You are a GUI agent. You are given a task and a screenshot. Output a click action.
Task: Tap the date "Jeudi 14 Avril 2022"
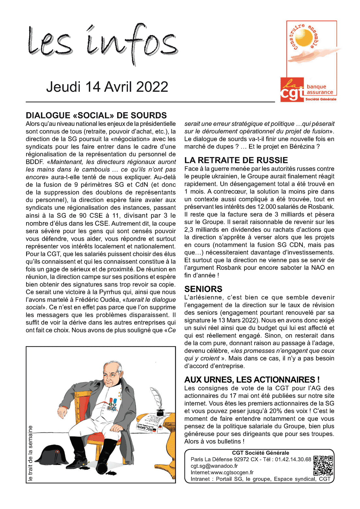[107, 87]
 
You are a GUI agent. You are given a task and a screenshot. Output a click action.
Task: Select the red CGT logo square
[292, 90]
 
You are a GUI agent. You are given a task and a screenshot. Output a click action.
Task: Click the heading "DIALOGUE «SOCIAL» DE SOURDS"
[96, 115]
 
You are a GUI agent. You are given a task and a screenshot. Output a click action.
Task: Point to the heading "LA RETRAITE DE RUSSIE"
[236, 160]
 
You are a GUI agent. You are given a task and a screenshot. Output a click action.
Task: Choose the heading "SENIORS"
[203, 289]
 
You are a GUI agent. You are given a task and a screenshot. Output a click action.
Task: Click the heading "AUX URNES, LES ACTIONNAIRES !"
[252, 380]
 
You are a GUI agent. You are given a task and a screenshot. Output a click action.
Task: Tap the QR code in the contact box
[323, 465]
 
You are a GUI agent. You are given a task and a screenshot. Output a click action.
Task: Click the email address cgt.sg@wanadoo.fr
[214, 466]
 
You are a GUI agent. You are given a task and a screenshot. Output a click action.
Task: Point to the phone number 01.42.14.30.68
[293, 459]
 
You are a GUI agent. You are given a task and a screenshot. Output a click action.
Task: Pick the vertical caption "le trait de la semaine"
[30, 453]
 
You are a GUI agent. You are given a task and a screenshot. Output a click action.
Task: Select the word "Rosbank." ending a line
[322, 207]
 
